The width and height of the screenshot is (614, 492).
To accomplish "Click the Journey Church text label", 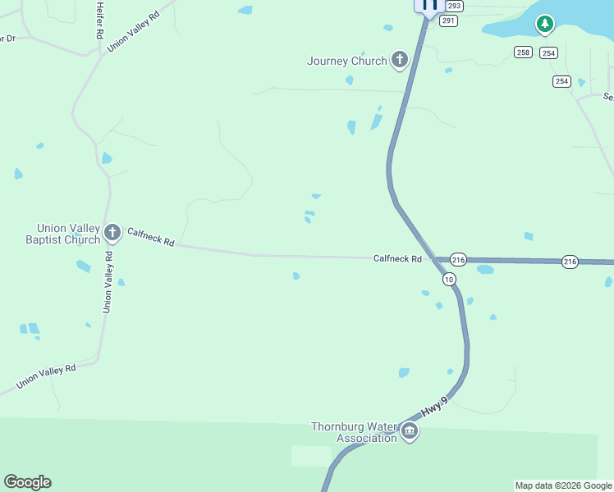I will (x=346, y=61).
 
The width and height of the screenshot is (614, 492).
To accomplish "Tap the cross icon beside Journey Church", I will (x=400, y=59).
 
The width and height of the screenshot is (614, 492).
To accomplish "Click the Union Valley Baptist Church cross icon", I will (x=112, y=234).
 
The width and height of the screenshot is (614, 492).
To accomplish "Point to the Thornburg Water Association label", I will (x=354, y=432).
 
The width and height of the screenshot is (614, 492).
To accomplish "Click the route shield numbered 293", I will (x=455, y=6).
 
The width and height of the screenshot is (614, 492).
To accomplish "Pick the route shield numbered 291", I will (x=447, y=20).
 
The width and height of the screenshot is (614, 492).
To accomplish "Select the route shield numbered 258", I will (x=524, y=52).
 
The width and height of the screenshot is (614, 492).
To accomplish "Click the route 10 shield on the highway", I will (x=448, y=280).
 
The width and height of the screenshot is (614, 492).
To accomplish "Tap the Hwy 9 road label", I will (x=435, y=406).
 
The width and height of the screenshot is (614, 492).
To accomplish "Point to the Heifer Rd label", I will (x=99, y=20).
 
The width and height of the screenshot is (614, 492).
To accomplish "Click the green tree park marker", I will (x=544, y=25).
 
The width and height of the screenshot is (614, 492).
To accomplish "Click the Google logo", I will (x=27, y=482).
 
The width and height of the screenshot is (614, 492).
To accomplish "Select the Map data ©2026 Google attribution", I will (x=563, y=485).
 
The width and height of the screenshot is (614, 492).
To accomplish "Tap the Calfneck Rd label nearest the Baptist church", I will (x=151, y=238).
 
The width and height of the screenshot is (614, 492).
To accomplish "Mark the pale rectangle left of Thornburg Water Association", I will (x=311, y=456).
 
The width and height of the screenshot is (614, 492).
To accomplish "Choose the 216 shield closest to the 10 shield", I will (x=458, y=260).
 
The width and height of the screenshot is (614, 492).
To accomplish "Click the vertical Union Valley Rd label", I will (x=108, y=281).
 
